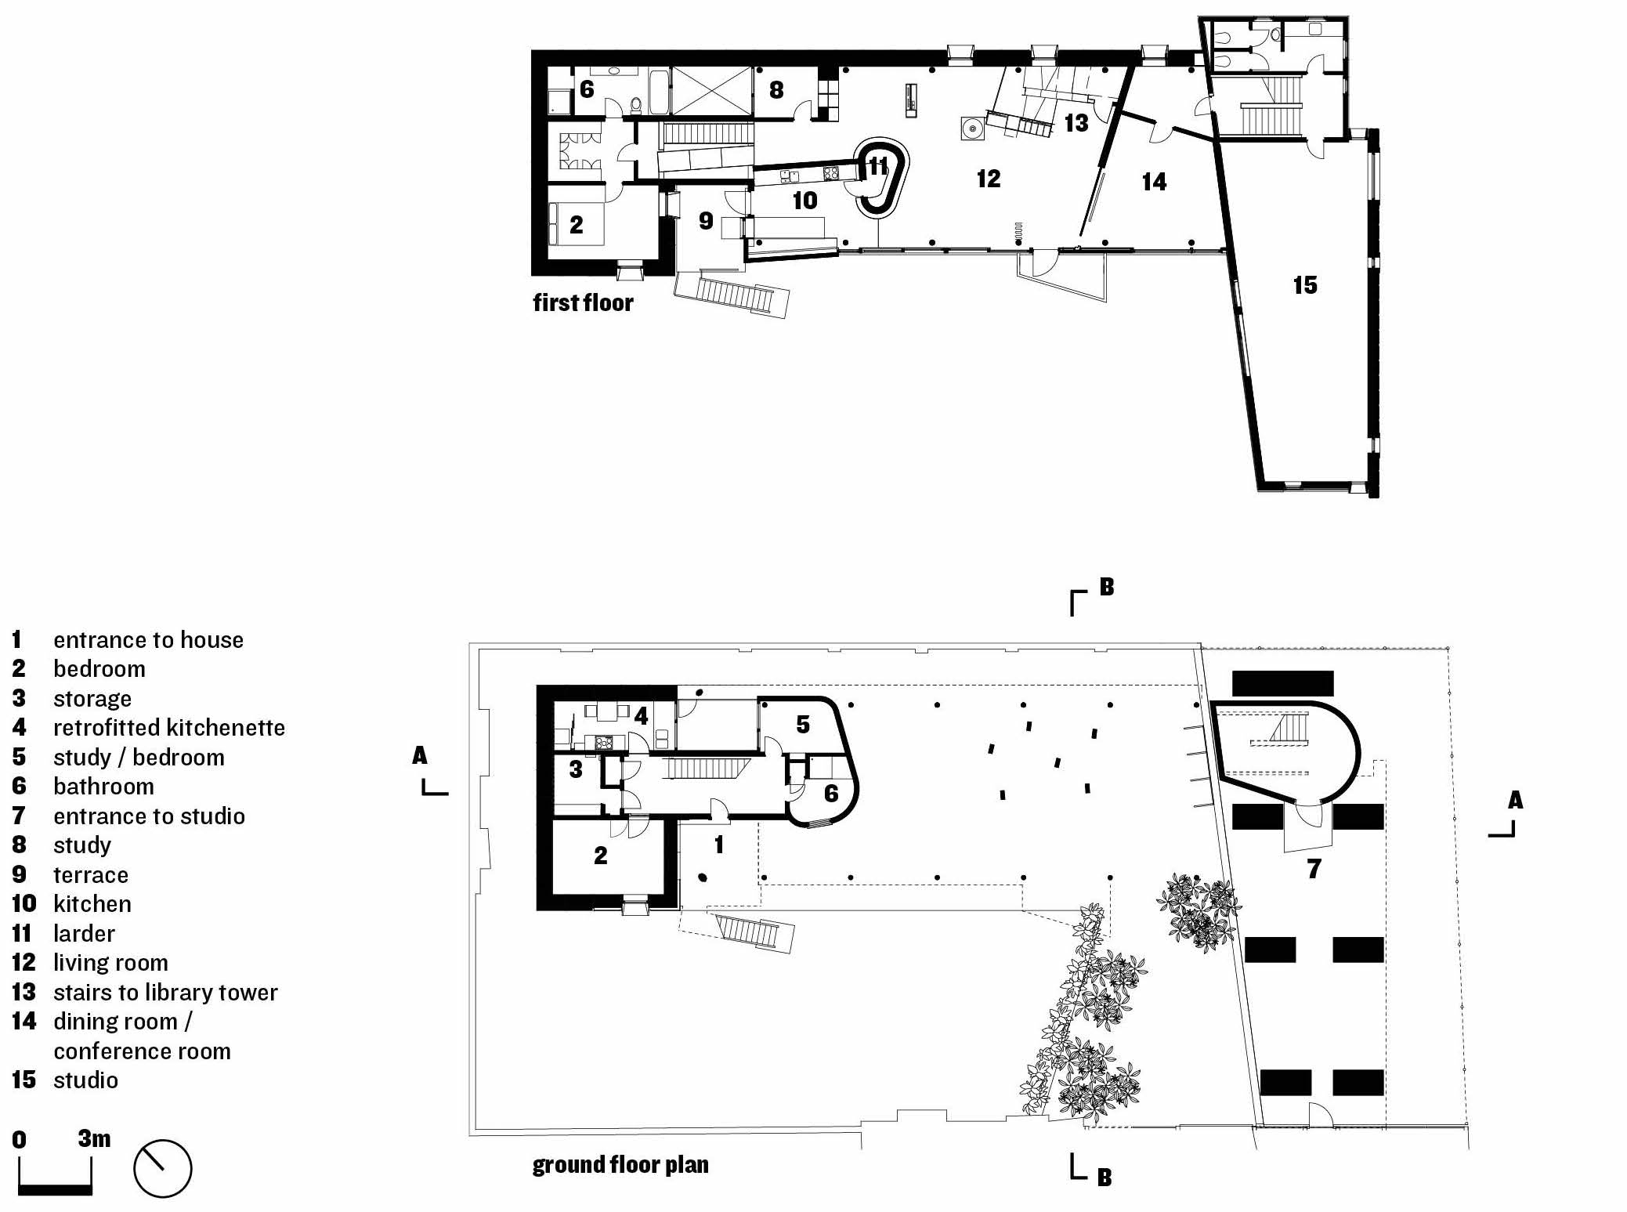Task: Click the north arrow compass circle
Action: (x=163, y=1168)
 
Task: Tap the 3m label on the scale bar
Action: (x=94, y=1138)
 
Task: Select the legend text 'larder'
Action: (x=84, y=933)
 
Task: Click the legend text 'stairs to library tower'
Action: (x=165, y=992)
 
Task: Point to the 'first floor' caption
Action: (x=583, y=302)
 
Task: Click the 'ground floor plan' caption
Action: (x=620, y=1164)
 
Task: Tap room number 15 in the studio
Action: (x=1305, y=284)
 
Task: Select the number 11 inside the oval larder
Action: (x=878, y=165)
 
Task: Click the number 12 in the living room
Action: (x=989, y=179)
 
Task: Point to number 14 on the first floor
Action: (x=1154, y=182)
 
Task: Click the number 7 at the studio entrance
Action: (x=1314, y=868)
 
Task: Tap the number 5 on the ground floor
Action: (x=803, y=724)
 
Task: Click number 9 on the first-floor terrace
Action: (x=706, y=221)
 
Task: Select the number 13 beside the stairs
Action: (x=1076, y=122)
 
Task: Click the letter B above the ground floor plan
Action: (x=1106, y=586)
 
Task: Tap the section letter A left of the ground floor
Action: (x=420, y=755)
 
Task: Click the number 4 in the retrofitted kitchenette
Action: (x=641, y=715)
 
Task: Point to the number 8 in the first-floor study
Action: (x=776, y=90)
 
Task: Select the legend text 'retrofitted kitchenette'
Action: (x=169, y=727)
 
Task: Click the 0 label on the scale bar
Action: (x=20, y=1140)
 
